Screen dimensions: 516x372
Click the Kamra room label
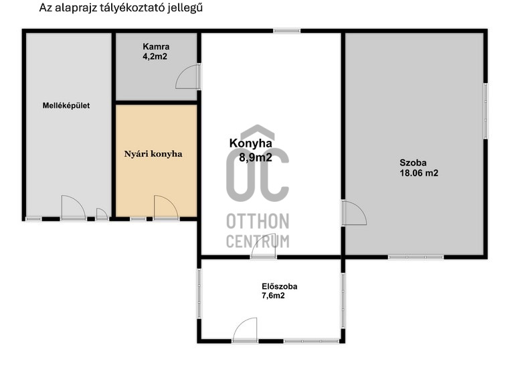pyautogui.click(x=156, y=47)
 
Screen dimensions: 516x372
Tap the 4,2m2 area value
pyautogui.click(x=155, y=56)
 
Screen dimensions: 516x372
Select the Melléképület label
pyautogui.click(x=66, y=106)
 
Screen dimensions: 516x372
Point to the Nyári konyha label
pyautogui.click(x=153, y=154)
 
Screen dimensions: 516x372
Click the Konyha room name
pyautogui.click(x=251, y=143)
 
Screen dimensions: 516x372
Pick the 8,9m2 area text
pyautogui.click(x=256, y=158)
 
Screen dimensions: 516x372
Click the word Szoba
pyautogui.click(x=413, y=162)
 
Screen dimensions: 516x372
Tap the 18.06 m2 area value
pyautogui.click(x=419, y=173)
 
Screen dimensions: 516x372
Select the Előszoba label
pyautogui.click(x=279, y=286)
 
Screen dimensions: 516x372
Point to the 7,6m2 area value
pyautogui.click(x=273, y=296)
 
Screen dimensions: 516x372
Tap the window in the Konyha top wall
pyautogui.click(x=286, y=31)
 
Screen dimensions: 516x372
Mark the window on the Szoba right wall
pyautogui.click(x=485, y=111)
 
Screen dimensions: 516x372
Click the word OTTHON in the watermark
pyautogui.click(x=258, y=221)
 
